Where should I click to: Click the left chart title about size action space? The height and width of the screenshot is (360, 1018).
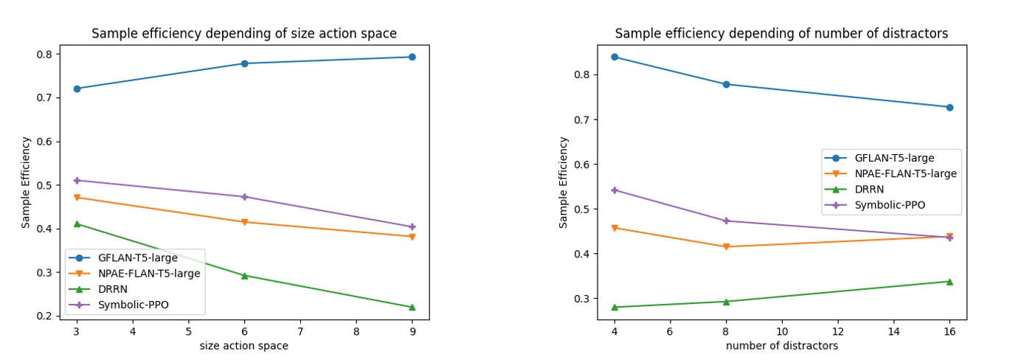pyautogui.click(x=243, y=34)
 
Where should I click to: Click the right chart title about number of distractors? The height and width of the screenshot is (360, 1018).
pyautogui.click(x=781, y=34)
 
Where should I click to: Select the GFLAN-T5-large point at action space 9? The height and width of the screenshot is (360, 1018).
pyautogui.click(x=412, y=57)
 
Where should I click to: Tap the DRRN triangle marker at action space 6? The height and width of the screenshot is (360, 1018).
pyautogui.click(x=244, y=275)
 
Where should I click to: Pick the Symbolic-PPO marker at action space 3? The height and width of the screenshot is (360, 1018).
pyautogui.click(x=77, y=180)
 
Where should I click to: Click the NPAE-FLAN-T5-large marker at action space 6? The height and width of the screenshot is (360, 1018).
pyautogui.click(x=244, y=222)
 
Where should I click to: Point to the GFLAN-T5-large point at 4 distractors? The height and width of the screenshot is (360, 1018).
pyautogui.click(x=614, y=57)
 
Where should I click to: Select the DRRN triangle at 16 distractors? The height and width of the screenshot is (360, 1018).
pyautogui.click(x=949, y=281)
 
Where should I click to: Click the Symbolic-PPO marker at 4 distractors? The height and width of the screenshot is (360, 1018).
pyautogui.click(x=614, y=190)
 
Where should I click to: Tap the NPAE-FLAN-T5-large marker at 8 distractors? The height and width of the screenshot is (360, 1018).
pyautogui.click(x=726, y=247)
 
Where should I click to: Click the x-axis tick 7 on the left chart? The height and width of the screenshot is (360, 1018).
pyautogui.click(x=300, y=332)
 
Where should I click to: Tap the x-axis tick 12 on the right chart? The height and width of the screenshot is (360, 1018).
pyautogui.click(x=838, y=332)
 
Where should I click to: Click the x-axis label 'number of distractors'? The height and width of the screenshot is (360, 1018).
pyautogui.click(x=781, y=346)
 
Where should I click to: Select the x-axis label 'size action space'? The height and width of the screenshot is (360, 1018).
pyautogui.click(x=243, y=346)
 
